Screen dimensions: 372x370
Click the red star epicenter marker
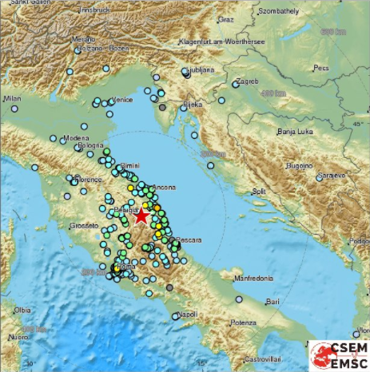(141, 216)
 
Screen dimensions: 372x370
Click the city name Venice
(121, 100)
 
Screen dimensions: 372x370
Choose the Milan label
(11, 98)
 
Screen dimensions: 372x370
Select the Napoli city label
(188, 314)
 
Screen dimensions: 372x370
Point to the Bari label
(277, 302)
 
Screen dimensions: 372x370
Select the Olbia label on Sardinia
(22, 309)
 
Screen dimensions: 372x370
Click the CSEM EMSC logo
(339, 354)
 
